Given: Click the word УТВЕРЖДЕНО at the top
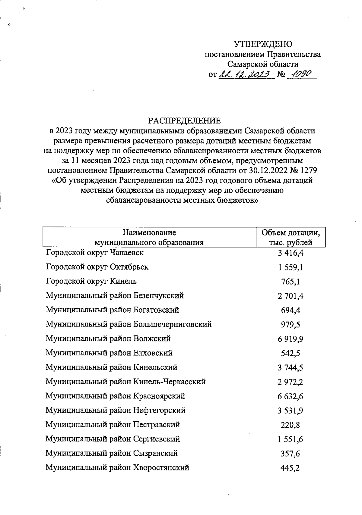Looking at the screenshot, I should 263,44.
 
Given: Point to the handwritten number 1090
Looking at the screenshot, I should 300,74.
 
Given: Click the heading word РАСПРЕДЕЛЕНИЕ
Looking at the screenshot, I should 184,121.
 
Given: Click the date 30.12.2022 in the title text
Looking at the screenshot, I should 267,170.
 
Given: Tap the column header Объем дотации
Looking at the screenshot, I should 291,233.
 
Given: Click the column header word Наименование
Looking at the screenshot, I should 149,233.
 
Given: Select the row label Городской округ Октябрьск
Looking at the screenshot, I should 97,267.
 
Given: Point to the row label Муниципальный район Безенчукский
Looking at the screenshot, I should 115,296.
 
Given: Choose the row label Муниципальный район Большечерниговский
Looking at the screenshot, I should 129,324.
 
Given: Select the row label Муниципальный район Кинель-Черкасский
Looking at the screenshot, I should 125,382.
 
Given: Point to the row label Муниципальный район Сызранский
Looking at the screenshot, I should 112,454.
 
